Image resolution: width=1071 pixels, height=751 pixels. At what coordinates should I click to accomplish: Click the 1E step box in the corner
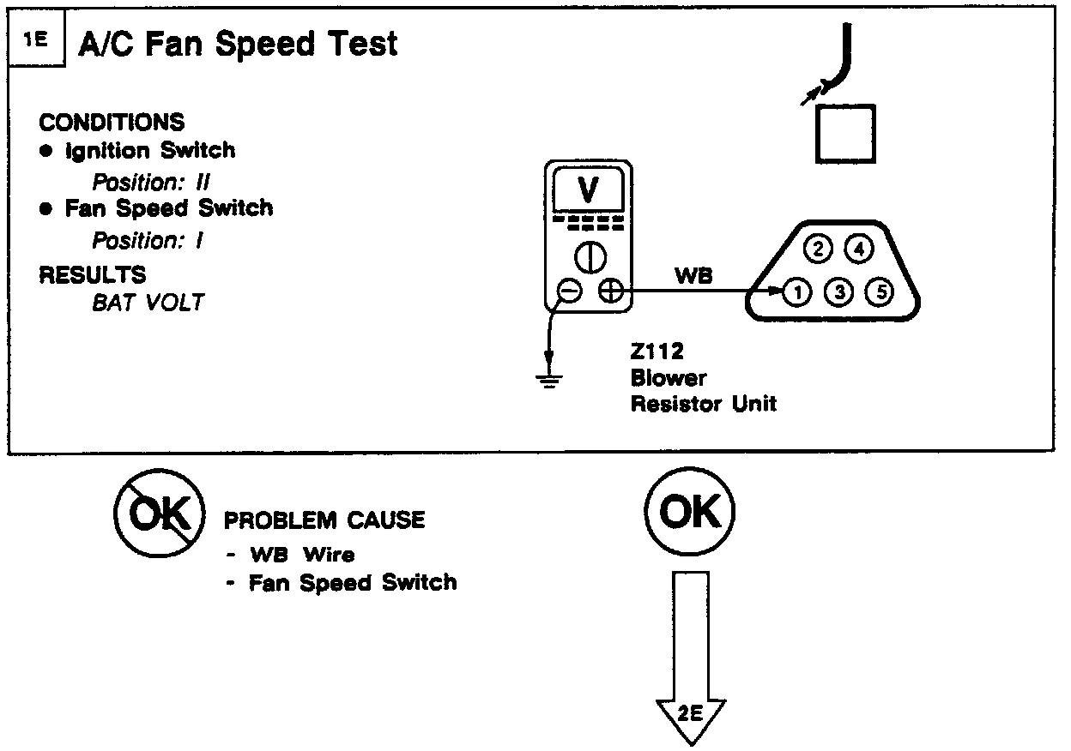35,40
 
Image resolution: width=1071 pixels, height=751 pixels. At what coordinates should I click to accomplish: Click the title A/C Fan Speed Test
238,43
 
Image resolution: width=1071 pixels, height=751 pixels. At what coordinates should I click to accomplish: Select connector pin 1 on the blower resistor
797,293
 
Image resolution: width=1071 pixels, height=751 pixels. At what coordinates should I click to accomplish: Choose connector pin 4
858,249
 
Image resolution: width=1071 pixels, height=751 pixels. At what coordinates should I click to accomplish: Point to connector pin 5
880,293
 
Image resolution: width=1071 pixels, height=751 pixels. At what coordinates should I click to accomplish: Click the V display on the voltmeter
588,190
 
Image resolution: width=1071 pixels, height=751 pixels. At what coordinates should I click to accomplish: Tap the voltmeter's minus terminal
569,291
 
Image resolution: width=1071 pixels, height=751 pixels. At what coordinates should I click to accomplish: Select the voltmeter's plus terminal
610,291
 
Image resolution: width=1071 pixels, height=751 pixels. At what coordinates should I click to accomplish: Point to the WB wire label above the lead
693,276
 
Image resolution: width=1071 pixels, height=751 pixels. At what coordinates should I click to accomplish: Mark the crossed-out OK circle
160,514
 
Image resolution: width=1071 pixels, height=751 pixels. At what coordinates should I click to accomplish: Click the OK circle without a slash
690,514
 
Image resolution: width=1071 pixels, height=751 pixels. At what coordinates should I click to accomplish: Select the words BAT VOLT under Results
148,303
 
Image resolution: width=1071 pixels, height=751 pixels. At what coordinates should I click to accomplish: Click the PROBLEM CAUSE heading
324,520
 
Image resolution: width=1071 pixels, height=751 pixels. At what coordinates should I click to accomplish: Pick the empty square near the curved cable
845,134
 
